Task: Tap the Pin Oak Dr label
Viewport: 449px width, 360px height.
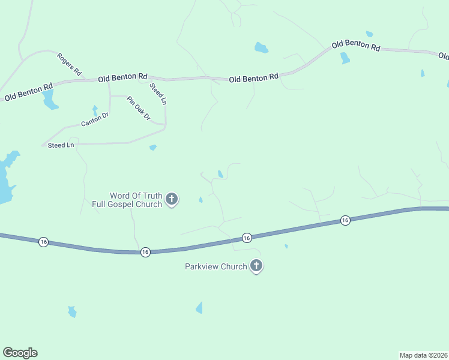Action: [137, 108]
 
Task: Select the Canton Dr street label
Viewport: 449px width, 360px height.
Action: [94, 121]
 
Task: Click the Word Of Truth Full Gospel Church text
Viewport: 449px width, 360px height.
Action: [127, 200]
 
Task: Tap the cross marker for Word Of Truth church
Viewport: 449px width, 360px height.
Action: [172, 199]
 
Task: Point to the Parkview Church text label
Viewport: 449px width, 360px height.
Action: [215, 266]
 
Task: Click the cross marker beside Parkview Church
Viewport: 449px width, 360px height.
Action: [256, 266]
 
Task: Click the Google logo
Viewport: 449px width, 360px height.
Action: [20, 353]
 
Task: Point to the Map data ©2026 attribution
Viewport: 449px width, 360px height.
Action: [424, 355]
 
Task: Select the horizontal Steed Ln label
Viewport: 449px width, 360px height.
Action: [61, 145]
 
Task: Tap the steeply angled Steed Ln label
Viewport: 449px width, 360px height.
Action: [158, 94]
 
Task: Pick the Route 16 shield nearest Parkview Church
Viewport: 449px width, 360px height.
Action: [247, 238]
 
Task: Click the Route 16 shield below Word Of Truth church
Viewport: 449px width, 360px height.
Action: [145, 252]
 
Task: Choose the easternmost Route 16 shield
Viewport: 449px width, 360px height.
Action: [345, 221]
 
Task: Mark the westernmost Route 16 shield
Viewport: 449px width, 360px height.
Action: [43, 241]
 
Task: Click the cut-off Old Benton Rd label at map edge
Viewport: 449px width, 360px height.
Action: [444, 56]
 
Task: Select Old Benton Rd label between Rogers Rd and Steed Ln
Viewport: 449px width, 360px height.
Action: [122, 77]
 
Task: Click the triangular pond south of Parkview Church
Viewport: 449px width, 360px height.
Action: [199, 308]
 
